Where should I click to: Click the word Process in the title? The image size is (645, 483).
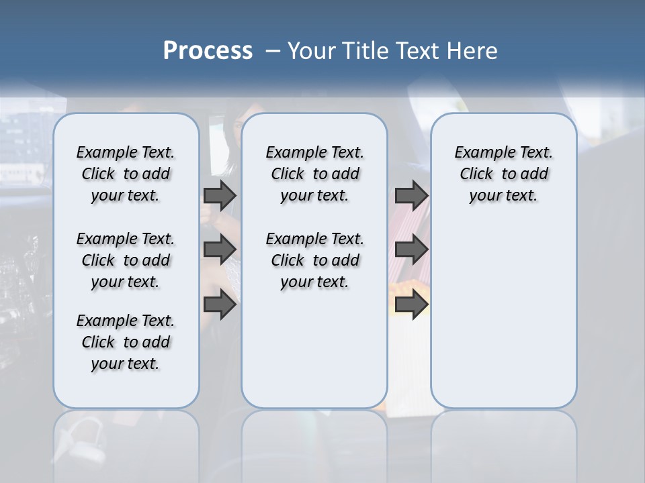[x=208, y=51]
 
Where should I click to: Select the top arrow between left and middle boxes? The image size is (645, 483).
[x=220, y=195]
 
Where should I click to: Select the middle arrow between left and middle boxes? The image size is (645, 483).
[x=220, y=250]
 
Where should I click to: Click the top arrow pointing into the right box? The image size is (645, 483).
[x=411, y=195]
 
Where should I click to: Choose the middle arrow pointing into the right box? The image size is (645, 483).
[x=411, y=250]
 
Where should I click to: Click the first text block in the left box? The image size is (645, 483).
[x=125, y=174]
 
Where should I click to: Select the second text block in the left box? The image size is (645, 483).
[x=125, y=260]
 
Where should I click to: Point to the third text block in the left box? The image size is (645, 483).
[x=125, y=342]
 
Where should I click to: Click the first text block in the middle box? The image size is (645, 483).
[x=314, y=174]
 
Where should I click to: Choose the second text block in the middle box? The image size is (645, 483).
[x=314, y=260]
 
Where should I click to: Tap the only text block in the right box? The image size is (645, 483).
[x=503, y=174]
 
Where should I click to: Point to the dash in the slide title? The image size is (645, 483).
[x=273, y=51]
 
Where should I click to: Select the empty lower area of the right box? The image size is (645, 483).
[x=503, y=322]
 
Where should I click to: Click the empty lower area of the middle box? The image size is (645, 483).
[x=314, y=356]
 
